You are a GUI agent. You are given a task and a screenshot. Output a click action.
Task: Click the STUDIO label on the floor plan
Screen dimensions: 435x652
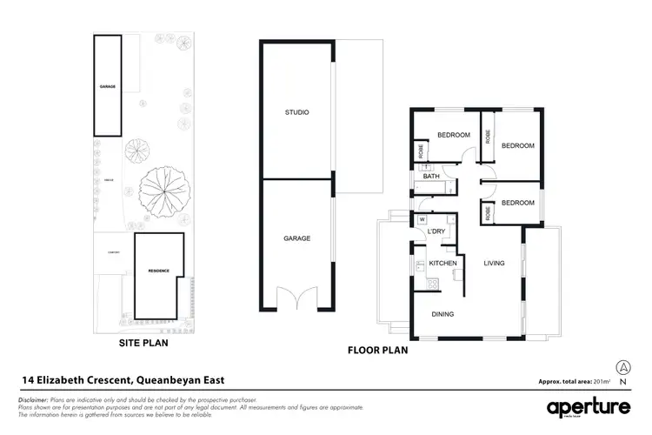coord(296,113)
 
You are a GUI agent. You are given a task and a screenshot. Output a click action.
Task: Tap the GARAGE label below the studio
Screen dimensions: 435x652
coord(296,238)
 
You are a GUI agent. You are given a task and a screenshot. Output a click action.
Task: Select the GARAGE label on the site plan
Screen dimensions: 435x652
coord(107,87)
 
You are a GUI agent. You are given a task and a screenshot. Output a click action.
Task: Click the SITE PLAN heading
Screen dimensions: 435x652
coord(143,343)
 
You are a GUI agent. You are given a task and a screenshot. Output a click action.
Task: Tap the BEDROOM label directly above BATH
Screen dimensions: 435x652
coord(453,135)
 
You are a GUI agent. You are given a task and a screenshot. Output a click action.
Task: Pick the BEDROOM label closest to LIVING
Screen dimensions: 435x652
coord(517,202)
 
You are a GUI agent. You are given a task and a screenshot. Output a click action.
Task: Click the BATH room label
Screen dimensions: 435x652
coord(431,177)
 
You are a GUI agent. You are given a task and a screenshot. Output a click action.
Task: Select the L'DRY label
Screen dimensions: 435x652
coord(436,231)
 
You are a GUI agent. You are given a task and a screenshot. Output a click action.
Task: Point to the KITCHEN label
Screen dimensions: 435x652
coord(442,263)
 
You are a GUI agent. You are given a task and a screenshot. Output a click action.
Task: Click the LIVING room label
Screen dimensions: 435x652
coord(495,263)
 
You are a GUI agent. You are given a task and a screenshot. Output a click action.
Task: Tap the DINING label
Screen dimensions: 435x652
coord(442,314)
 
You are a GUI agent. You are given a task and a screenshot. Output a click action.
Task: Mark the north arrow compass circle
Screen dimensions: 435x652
coord(622,367)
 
